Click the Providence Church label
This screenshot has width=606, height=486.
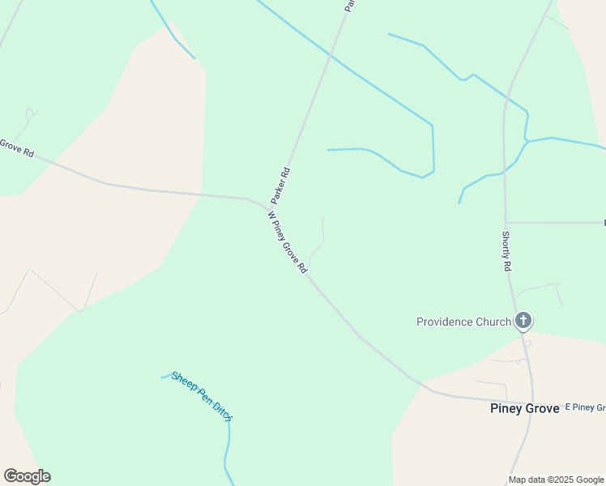point(463,322)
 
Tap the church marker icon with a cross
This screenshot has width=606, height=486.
point(523,321)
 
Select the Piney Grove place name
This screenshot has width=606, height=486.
point(524,408)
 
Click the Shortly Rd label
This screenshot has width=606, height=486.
point(506,251)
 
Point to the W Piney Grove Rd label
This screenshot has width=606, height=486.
point(288,242)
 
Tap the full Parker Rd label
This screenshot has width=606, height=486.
point(280,185)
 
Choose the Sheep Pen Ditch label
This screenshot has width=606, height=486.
point(203,396)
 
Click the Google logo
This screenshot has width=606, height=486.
point(27,476)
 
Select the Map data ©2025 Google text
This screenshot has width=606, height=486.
point(556,480)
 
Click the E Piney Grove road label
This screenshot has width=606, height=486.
point(585,407)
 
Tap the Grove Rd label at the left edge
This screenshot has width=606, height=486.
point(16,147)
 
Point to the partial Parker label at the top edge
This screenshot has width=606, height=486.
point(349,6)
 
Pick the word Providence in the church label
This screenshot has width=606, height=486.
point(444,322)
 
